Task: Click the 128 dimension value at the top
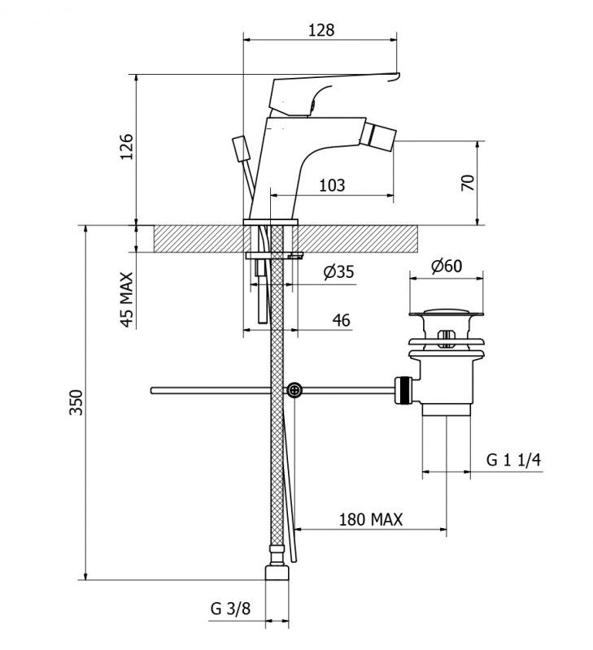pyautogui.click(x=321, y=30)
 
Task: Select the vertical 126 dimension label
pyautogui.click(x=126, y=146)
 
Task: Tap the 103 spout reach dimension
pyautogui.click(x=332, y=185)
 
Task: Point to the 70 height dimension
pyautogui.click(x=467, y=182)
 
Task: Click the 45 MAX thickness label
pyautogui.click(x=127, y=299)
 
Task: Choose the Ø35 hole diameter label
pyautogui.click(x=338, y=272)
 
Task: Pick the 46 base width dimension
pyautogui.click(x=341, y=320)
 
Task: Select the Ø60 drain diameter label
pyautogui.click(x=446, y=266)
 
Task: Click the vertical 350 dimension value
pyautogui.click(x=76, y=401)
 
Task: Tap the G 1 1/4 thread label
pyautogui.click(x=513, y=460)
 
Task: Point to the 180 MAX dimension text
pyautogui.click(x=371, y=519)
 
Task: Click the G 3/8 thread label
pyautogui.click(x=230, y=609)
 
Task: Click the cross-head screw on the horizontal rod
pyautogui.click(x=294, y=390)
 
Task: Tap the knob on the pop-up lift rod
pyautogui.click(x=241, y=149)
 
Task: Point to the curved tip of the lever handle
pyautogui.click(x=395, y=77)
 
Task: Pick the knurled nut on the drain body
pyautogui.click(x=403, y=390)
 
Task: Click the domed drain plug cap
pyautogui.click(x=446, y=312)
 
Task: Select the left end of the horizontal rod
pyautogui.click(x=153, y=391)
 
